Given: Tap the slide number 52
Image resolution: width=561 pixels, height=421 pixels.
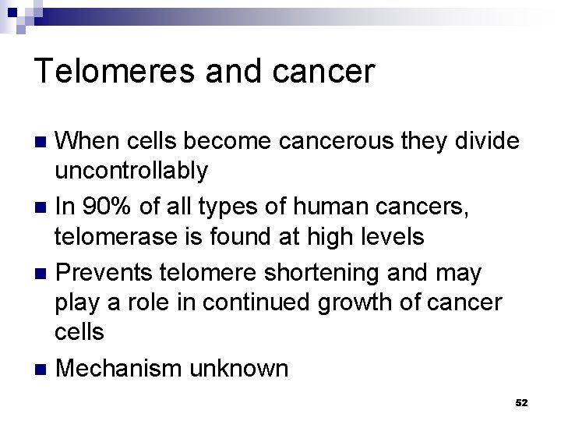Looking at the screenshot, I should (521, 402).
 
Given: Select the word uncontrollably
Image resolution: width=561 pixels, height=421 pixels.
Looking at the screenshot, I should (132, 170).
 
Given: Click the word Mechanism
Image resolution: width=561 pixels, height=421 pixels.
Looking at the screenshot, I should (118, 368).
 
